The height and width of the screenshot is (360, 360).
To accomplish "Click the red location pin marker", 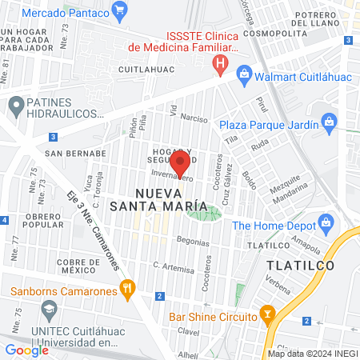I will coord(180,162).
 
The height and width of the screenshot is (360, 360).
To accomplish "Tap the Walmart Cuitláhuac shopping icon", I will coord(244,74).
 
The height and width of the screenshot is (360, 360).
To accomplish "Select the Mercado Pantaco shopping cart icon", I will coord(120,10).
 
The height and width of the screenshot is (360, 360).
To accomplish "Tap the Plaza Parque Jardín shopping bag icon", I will coord(327,122).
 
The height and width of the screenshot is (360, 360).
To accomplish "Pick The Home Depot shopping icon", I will coord(325,222).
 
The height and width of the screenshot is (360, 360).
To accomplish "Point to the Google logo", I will coord(26,350).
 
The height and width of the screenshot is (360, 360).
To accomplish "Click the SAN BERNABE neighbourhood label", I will coord(75,152).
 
